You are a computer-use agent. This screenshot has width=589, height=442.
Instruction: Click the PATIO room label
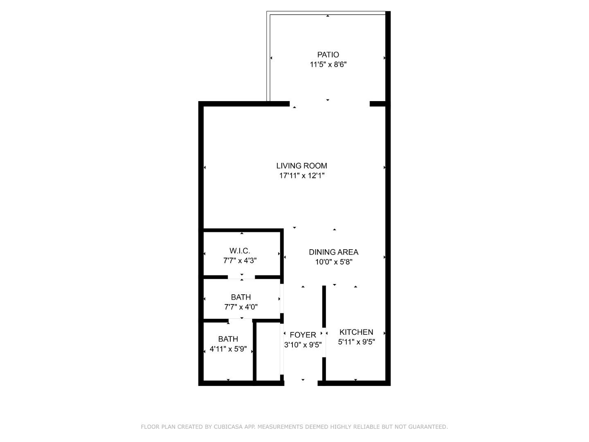tap(328, 54)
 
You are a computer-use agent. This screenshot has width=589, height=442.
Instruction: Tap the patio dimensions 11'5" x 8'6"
tap(328, 64)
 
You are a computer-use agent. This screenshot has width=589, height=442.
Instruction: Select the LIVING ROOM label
tap(301, 166)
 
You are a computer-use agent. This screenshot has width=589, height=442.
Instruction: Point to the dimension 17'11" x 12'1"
tap(301, 176)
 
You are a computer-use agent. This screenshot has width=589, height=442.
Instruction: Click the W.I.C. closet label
tap(240, 250)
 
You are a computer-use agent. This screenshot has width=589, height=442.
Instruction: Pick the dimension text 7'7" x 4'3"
tap(240, 260)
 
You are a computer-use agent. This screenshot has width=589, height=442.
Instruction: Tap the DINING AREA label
tap(333, 252)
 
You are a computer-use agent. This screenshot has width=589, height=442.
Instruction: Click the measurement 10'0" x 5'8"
tap(333, 262)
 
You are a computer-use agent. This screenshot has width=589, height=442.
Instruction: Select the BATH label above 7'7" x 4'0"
tap(241, 297)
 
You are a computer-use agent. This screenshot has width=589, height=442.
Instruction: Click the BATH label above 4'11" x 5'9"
tap(228, 339)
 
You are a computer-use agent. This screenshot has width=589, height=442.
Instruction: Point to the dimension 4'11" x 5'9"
tap(228, 349)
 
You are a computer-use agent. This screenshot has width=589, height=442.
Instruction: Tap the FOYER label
tap(303, 335)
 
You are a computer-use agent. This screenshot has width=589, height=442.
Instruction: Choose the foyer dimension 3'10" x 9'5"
tap(303, 345)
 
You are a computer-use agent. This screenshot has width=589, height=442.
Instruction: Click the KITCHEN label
tap(356, 332)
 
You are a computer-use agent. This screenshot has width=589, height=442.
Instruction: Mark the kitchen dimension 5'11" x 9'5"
tap(356, 342)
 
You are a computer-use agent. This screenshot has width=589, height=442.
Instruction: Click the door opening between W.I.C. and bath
tap(241, 277)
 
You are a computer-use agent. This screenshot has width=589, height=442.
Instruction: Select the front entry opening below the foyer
tap(301, 383)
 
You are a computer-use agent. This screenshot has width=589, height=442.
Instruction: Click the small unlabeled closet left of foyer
tap(268, 352)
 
